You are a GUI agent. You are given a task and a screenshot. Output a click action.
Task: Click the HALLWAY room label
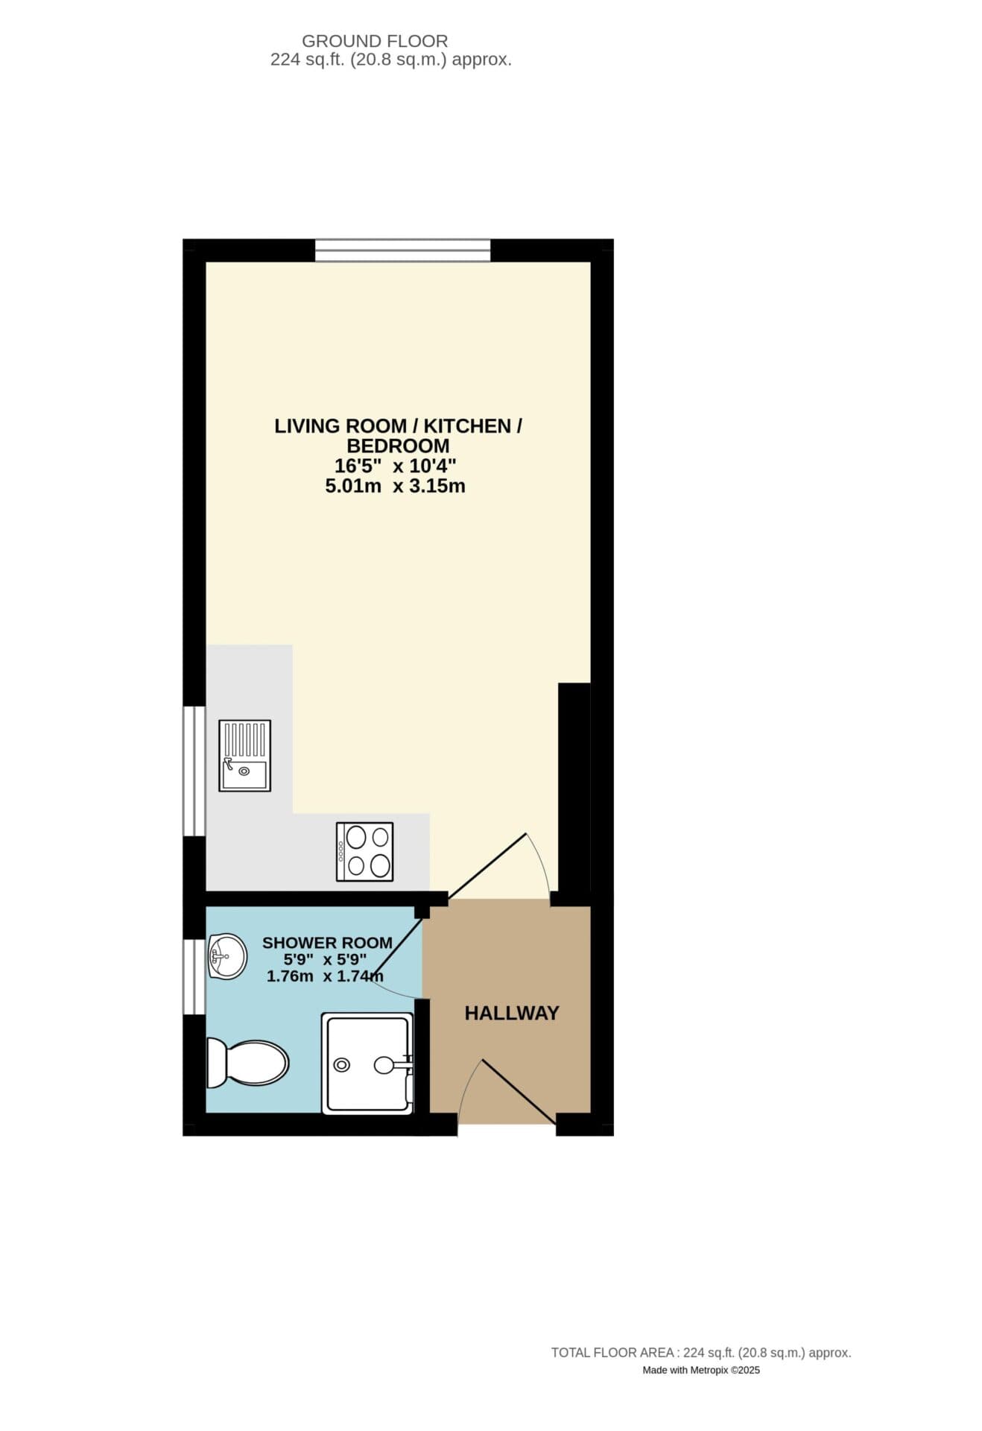point(511,1013)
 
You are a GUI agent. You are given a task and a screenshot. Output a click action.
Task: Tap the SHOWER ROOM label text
point(327,943)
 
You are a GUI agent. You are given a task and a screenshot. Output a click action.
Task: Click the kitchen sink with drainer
point(244,755)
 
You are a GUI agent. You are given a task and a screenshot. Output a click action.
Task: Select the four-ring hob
point(364,851)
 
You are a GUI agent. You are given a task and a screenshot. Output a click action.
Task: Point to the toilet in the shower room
point(247,1062)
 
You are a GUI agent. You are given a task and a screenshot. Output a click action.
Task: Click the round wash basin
point(227,955)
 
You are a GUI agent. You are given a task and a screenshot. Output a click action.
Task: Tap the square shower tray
point(367,1064)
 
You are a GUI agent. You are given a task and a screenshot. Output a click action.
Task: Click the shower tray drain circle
point(342,1065)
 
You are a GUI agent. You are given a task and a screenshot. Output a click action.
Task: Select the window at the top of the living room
point(402,250)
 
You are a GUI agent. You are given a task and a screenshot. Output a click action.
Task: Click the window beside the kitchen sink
point(194,771)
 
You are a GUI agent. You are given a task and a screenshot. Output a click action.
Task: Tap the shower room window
point(194,976)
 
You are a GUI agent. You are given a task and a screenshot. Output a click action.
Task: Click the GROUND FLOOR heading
point(375,41)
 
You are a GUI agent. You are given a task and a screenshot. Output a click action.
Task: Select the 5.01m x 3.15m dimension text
point(395,487)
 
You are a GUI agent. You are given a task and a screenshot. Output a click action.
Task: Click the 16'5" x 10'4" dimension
point(395,467)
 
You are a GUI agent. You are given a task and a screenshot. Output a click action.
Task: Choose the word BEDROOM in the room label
point(398,446)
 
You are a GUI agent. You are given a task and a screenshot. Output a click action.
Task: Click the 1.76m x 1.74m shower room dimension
point(325,976)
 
